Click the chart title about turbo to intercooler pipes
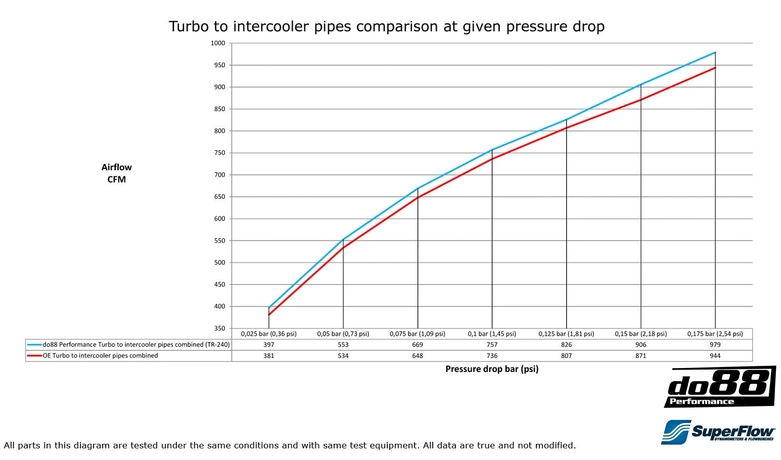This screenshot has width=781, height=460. [x=386, y=26]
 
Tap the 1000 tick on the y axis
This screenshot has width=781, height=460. [x=218, y=43]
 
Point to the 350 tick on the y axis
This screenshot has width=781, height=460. [x=219, y=328]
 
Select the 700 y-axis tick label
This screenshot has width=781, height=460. [x=219, y=175]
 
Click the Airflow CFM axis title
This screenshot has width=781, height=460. [x=116, y=173]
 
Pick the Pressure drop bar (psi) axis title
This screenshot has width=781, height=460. [x=491, y=369]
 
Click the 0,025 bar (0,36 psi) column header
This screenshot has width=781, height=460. [x=268, y=334]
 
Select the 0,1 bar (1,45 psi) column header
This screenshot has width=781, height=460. [x=492, y=334]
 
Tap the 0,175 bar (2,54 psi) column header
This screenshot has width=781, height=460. [x=715, y=334]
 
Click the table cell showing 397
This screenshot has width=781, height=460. [x=268, y=345]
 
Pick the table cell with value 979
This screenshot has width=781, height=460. [x=715, y=345]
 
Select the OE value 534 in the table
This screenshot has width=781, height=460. [x=343, y=356]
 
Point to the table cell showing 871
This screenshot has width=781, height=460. [x=640, y=356]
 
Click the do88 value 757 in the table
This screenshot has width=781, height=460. [x=492, y=345]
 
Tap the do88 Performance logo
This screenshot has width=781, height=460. [x=719, y=387]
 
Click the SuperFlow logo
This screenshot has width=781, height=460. [x=718, y=432]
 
